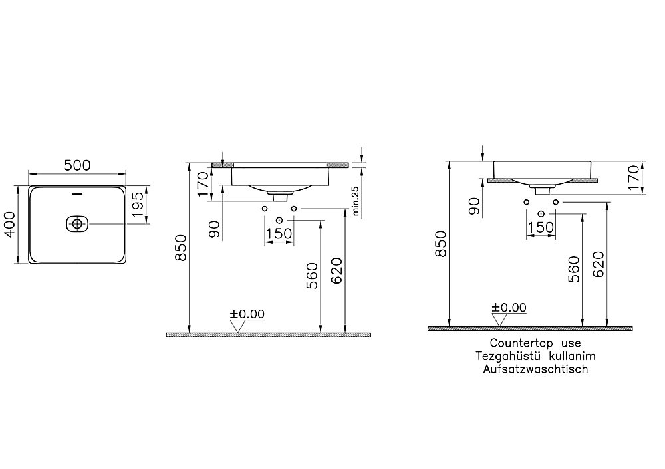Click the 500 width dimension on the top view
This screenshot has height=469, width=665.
(x=77, y=165)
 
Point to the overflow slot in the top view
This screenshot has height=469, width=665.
(x=76, y=195)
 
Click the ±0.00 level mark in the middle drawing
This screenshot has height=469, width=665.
(x=247, y=314)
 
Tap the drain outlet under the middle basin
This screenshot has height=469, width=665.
(x=280, y=196)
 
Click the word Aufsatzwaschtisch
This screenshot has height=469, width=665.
(x=535, y=369)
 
